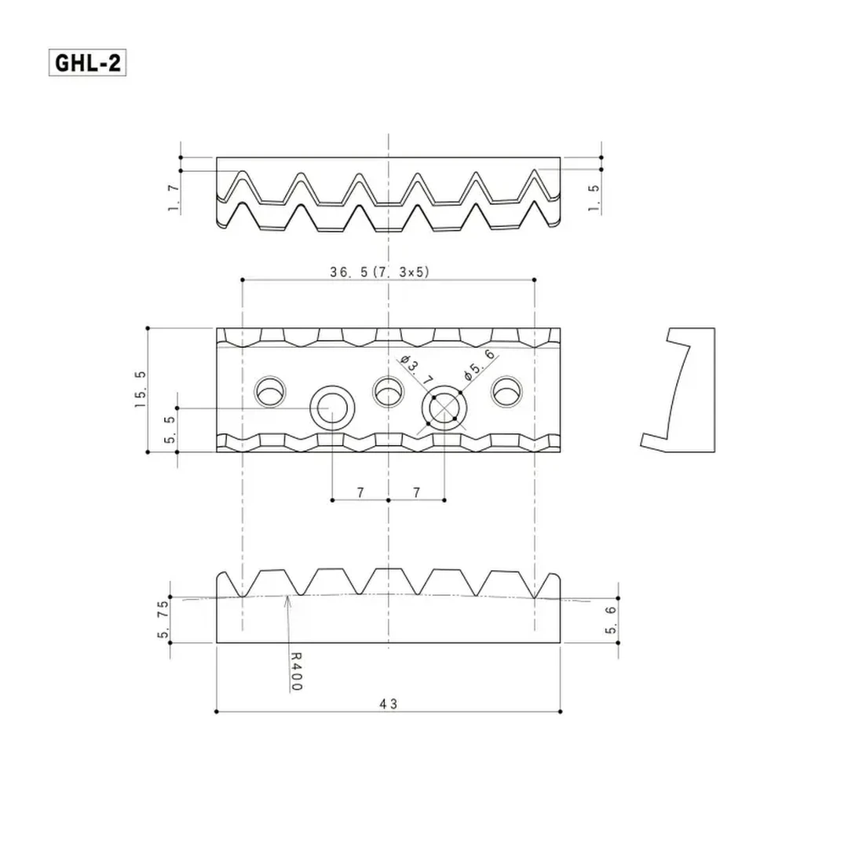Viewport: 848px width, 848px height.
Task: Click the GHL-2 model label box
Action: pos(88,63)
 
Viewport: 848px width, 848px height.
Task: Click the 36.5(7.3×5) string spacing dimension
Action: pos(379,272)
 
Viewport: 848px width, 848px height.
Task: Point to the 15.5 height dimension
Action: pos(140,389)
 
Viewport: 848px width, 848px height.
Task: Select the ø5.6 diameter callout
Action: pos(479,365)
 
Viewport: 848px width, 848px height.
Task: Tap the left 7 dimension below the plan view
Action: pos(360,492)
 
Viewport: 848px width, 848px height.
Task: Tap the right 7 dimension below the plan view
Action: pos(417,492)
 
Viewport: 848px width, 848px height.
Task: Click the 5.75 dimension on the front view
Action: pos(163,620)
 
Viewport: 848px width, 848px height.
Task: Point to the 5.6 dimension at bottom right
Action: pos(611,620)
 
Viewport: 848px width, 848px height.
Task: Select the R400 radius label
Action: pos(296,672)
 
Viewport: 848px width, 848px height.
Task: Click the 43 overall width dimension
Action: pos(388,704)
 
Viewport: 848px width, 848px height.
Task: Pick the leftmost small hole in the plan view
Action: pos(270,391)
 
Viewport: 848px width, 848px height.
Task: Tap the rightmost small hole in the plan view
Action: pos(506,391)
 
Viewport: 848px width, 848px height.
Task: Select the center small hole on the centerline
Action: pos(388,391)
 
